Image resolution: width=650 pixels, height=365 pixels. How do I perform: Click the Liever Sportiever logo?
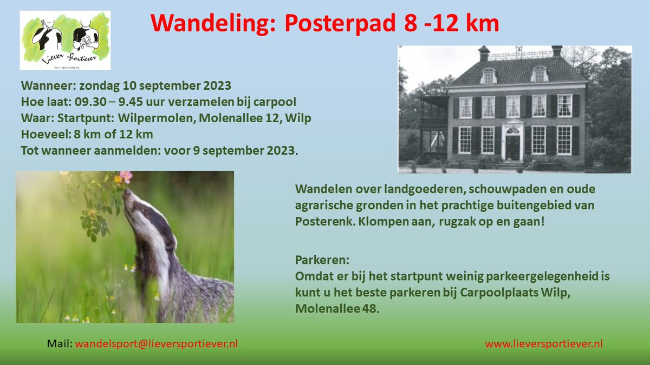coord(65,40)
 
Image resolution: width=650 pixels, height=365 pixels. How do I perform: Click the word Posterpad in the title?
coord(336,24)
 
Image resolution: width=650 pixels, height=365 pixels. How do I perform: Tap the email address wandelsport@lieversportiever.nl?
coord(156,344)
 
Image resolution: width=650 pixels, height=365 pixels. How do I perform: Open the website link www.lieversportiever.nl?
coord(543,344)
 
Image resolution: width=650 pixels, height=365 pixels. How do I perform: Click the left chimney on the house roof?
coord(484,53)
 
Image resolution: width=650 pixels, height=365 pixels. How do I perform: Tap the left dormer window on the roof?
coord(489,75)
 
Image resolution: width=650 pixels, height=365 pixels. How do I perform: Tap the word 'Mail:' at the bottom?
coord(59,344)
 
